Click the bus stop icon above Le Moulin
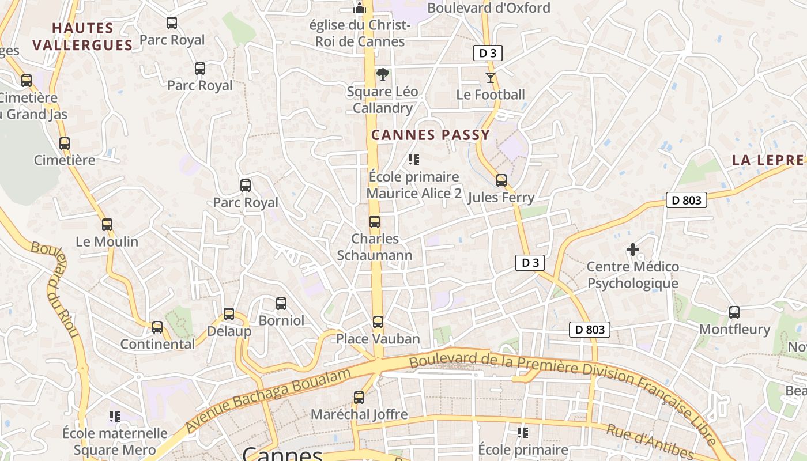(x=107, y=225)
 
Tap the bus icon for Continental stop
(x=157, y=327)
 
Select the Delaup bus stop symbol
(x=229, y=314)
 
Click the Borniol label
(x=281, y=320)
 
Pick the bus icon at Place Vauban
(x=378, y=322)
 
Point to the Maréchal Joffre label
(x=359, y=414)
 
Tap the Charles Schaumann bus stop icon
(x=375, y=222)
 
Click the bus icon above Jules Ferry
(x=501, y=180)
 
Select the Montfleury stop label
(x=734, y=330)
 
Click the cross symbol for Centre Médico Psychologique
(x=633, y=250)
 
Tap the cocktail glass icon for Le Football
(x=491, y=78)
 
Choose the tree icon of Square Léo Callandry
(x=382, y=74)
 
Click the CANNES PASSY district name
(x=430, y=135)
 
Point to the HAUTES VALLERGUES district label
(x=82, y=37)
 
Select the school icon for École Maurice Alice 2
(x=413, y=160)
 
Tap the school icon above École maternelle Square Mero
(x=115, y=416)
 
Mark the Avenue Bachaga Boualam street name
(x=269, y=401)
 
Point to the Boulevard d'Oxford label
(x=489, y=8)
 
